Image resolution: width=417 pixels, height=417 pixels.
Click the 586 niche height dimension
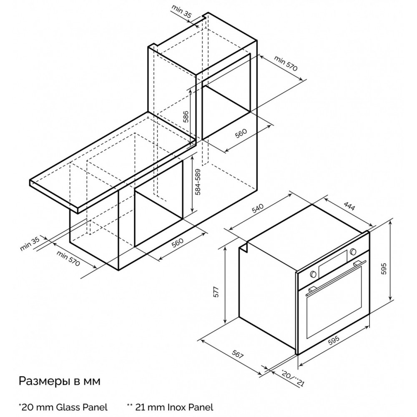pyautogui.click(x=186, y=116)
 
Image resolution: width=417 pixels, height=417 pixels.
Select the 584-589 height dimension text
pyautogui.click(x=198, y=182)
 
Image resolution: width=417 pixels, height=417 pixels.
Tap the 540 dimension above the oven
pyautogui.click(x=257, y=208)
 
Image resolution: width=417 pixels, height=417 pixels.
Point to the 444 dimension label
pyautogui.click(x=349, y=206)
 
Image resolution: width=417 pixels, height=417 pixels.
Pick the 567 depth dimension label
pyautogui.click(x=238, y=354)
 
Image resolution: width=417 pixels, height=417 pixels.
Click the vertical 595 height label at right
pyautogui.click(x=383, y=269)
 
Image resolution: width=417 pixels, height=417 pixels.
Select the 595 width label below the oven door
pyautogui.click(x=334, y=340)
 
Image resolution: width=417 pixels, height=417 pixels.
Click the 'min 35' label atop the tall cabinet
pyautogui.click(x=181, y=11)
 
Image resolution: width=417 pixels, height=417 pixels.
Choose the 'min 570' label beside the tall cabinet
pyautogui.click(x=286, y=64)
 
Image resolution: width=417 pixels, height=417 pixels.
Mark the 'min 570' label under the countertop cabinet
pyautogui.click(x=68, y=258)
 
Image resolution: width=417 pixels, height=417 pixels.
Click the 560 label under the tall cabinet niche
pyautogui.click(x=241, y=133)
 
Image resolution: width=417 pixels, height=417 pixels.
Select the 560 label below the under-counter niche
pyautogui.click(x=177, y=243)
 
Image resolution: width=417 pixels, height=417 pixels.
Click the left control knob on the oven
pyautogui.click(x=313, y=274)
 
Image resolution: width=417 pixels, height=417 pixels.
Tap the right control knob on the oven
pyautogui.click(x=353, y=251)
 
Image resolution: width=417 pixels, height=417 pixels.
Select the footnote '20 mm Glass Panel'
pyautogui.click(x=63, y=407)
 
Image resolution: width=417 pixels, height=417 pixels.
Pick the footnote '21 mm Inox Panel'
pyautogui.click(x=170, y=407)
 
